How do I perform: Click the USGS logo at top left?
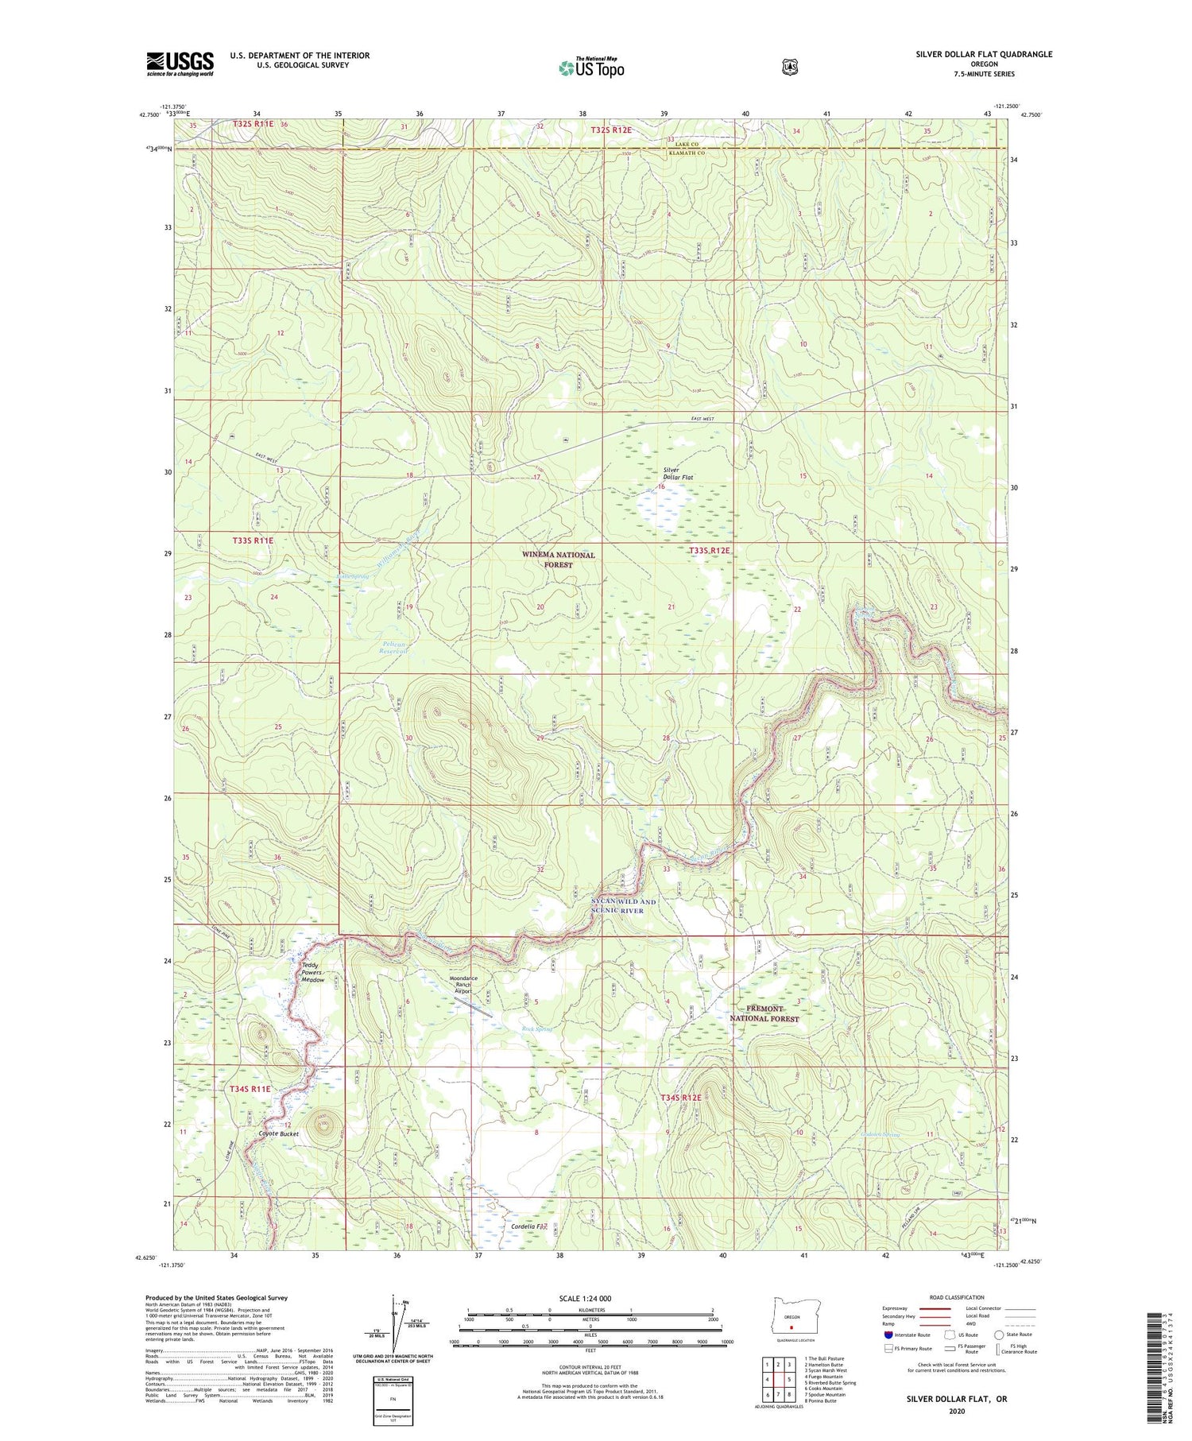click(x=180, y=64)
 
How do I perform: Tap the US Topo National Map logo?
click(x=591, y=68)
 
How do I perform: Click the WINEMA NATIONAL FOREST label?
click(x=558, y=560)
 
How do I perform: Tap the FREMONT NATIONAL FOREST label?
click(x=764, y=1013)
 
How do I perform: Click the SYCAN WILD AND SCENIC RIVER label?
click(x=624, y=906)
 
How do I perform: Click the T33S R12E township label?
click(x=709, y=550)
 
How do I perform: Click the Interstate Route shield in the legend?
click(x=888, y=1334)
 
